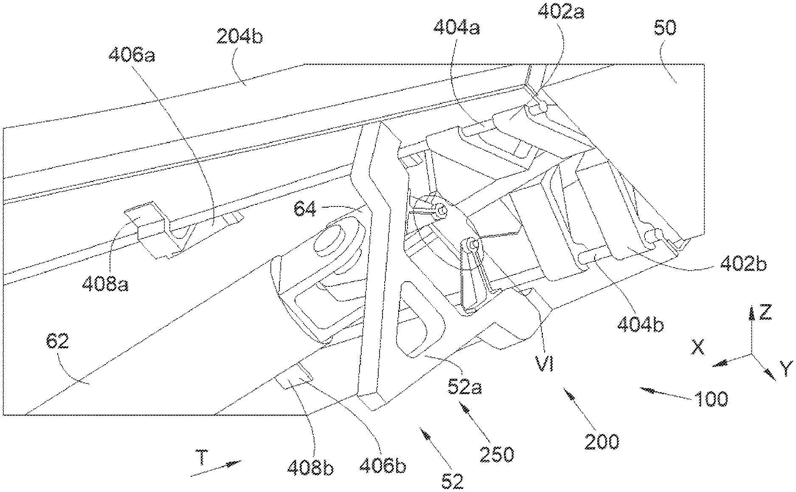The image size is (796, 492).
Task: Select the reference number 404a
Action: point(457,28)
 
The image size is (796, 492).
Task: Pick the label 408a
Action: point(105,283)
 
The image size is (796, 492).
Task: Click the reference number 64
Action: point(305,210)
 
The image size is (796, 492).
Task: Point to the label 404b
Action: point(640,325)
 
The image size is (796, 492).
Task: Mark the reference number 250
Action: point(497,454)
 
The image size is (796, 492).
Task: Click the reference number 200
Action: point(602,442)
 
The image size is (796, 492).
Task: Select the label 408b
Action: point(310,468)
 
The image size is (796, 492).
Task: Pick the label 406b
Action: point(383,466)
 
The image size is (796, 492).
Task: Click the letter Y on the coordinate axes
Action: point(787,368)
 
